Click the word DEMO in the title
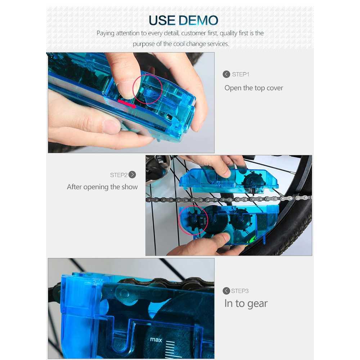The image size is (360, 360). pyautogui.click(x=198, y=21)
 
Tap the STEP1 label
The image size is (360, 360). pyautogui.click(x=240, y=75)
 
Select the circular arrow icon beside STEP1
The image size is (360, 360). pyautogui.click(x=226, y=74)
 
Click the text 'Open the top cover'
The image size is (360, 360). pyautogui.click(x=254, y=88)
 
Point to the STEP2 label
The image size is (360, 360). pyautogui.click(x=118, y=175)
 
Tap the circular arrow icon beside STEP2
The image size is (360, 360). pyautogui.click(x=132, y=175)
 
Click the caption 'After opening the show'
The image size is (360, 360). pyautogui.click(x=102, y=187)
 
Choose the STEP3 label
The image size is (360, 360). pyautogui.click(x=240, y=291)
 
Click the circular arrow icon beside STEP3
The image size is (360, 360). pyautogui.click(x=226, y=291)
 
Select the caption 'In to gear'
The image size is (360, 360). pyautogui.click(x=246, y=303)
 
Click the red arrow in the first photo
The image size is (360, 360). pyautogui.click(x=127, y=104)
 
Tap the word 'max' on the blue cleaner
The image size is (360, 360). pyautogui.click(x=156, y=339)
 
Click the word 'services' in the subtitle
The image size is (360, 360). pyautogui.click(x=218, y=44)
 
